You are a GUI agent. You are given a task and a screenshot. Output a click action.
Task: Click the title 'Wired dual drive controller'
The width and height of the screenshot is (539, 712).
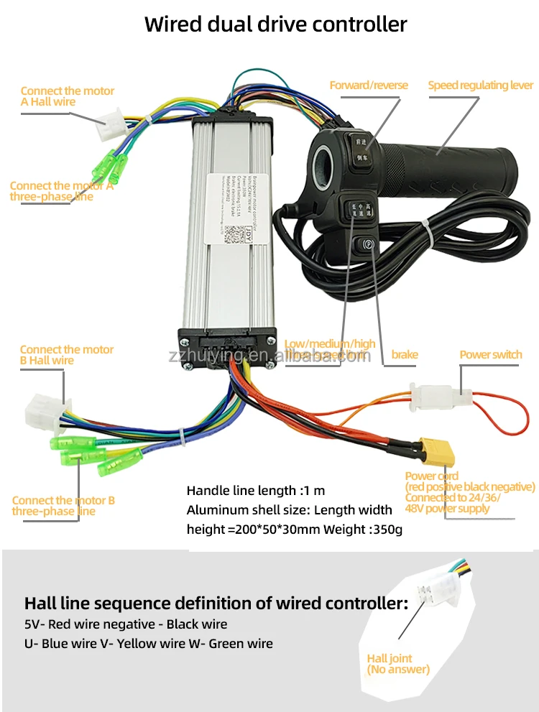275,24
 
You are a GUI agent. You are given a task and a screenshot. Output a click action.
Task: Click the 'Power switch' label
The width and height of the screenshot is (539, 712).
490,354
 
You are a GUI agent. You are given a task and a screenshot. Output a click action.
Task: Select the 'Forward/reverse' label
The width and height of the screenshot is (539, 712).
369,85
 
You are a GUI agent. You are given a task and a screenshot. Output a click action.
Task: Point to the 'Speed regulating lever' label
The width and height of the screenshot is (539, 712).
481,85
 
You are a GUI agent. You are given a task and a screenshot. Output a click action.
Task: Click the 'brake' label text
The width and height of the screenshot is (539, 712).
405,354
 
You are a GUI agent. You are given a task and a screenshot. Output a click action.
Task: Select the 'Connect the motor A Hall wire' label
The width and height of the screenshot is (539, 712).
67,96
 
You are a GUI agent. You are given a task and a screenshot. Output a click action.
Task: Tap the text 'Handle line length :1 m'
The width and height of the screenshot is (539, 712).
256,491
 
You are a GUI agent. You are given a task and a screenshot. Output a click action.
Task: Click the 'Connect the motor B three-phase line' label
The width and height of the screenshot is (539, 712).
63,506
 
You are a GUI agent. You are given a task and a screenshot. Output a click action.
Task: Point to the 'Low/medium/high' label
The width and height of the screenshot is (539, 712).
330,343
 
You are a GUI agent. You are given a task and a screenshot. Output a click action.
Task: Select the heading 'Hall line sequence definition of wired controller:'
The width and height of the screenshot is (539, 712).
216,603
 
